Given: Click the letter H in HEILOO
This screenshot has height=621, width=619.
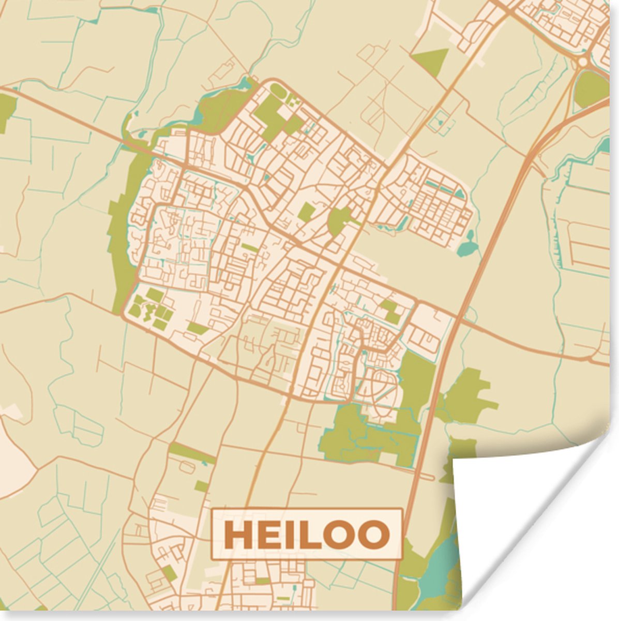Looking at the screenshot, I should pos(238,535).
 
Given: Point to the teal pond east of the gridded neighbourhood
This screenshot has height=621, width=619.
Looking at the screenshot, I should pos(468,247).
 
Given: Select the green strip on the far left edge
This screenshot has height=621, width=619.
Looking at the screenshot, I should pos(7,111).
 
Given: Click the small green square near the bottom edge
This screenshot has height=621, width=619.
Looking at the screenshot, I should pos(169,572).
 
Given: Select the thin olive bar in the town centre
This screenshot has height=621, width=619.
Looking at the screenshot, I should pos(250,248).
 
